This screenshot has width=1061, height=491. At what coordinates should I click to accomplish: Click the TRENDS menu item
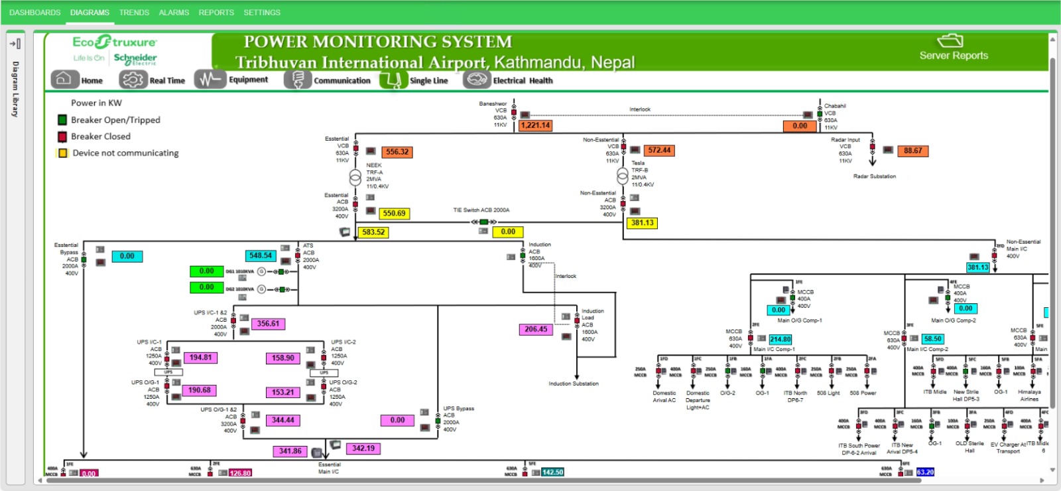pos(134,13)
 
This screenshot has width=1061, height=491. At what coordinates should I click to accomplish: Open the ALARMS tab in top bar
pos(174,13)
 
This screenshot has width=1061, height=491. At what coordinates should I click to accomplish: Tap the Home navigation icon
pos(63,80)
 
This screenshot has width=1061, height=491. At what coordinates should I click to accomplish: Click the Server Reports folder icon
pos(950,41)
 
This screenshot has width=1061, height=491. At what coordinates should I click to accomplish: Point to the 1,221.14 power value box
pos(535,125)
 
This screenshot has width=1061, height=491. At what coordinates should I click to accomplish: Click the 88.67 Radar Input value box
pos(912,151)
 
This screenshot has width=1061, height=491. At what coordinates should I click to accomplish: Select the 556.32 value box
pos(397,152)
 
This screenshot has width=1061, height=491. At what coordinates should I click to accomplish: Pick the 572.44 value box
pos(659,151)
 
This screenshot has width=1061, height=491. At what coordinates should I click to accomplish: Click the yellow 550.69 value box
pos(394,214)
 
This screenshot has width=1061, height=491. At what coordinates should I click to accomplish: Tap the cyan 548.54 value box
pos(261,255)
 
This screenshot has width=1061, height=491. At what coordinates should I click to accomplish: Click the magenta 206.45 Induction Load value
pos(536,329)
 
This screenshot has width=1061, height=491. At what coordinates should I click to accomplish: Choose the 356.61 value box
pos(268,324)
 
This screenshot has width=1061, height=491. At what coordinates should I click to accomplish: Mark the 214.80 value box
pos(780,339)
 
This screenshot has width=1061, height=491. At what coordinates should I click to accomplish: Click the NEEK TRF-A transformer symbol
pos(355,177)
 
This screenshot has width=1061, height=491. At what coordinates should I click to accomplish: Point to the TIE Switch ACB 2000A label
pos(481,210)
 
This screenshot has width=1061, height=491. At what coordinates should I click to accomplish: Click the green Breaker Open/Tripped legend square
pos(62,120)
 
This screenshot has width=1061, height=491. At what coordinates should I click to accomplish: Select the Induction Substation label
pos(574,384)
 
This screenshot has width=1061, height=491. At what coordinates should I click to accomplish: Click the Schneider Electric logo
pos(135,58)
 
